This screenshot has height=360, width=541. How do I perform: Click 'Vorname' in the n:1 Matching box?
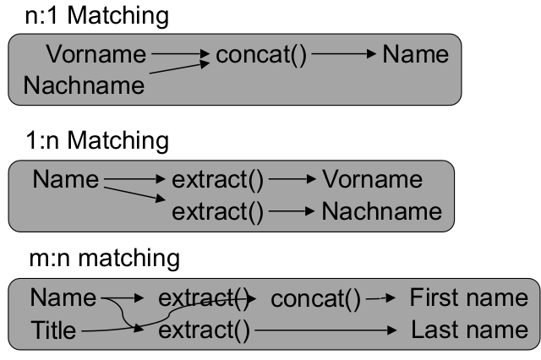(x=96, y=55)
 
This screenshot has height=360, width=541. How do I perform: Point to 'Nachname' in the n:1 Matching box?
(x=84, y=85)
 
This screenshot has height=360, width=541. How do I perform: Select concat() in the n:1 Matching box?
(x=261, y=55)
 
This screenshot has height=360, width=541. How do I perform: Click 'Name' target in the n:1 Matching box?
(x=415, y=55)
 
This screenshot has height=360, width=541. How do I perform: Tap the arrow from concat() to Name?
(x=343, y=55)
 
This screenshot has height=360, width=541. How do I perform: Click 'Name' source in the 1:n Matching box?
(x=65, y=179)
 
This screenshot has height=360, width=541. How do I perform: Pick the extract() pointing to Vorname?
(x=218, y=179)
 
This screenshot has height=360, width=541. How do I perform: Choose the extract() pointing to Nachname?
(x=218, y=210)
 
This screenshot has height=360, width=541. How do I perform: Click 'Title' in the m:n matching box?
(x=52, y=329)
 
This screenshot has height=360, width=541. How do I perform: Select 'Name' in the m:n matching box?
(x=63, y=298)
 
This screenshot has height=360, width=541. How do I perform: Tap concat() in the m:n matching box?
(x=315, y=298)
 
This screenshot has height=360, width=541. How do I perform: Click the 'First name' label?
(x=467, y=298)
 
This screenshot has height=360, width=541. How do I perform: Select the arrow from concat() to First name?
(x=381, y=298)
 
